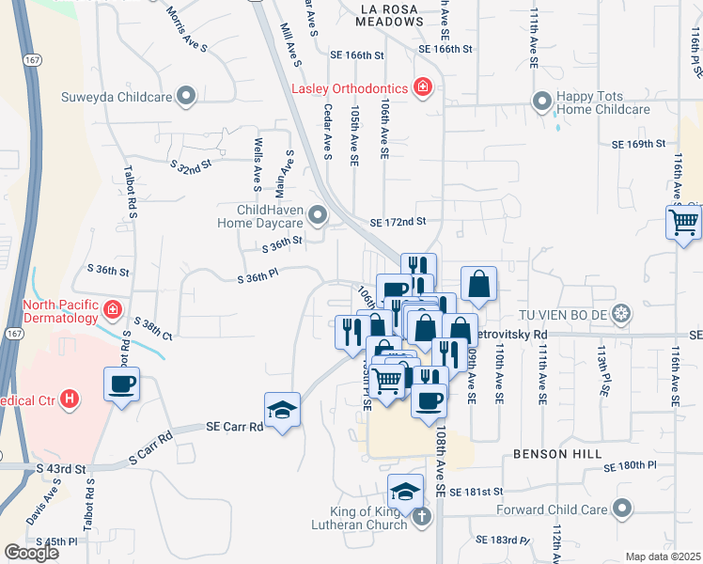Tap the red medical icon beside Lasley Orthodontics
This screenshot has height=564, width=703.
point(423,88)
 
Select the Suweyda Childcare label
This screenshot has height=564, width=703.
point(115,96)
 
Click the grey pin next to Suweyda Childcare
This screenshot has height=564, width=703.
point(186,95)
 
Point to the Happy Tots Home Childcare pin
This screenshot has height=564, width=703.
point(541,100)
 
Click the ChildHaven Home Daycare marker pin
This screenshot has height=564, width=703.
point(318,216)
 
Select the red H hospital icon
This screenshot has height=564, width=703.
point(68,399)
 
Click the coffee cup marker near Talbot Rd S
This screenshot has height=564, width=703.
point(122,384)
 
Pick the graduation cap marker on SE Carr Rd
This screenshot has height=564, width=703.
point(282,410)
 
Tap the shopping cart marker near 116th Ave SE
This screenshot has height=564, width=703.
point(683,223)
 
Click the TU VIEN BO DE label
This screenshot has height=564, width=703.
point(564,312)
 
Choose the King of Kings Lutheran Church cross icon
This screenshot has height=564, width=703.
point(423,515)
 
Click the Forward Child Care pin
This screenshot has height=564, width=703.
point(620,509)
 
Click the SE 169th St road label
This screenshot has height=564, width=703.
point(638,145)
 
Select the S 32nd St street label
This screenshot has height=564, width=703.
point(192,166)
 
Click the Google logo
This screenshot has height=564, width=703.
point(32,552)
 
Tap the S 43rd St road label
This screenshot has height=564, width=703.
point(61,468)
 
